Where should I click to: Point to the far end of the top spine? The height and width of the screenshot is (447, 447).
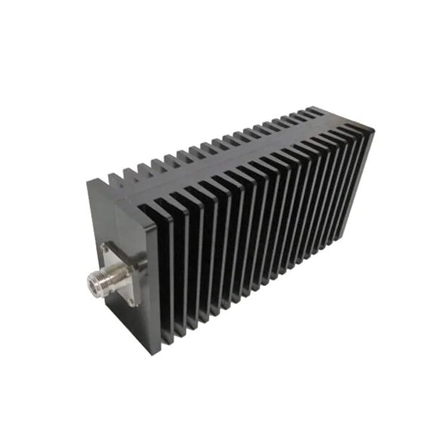pos(334,116)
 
